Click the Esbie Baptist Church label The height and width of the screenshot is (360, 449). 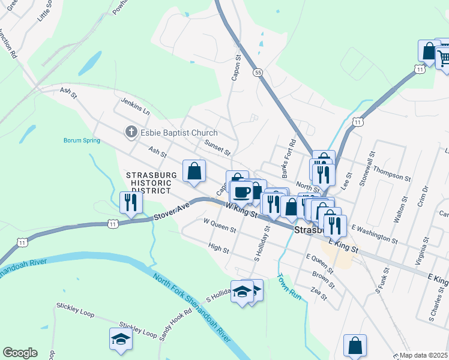pos(179,133)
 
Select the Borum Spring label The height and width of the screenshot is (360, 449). pos(82,141)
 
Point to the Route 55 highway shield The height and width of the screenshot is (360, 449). pos(257,72)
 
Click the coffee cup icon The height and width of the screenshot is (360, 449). pos(243,192)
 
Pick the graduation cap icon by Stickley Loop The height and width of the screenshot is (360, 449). pos(121,340)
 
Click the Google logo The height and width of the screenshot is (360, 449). pos(20,353)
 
